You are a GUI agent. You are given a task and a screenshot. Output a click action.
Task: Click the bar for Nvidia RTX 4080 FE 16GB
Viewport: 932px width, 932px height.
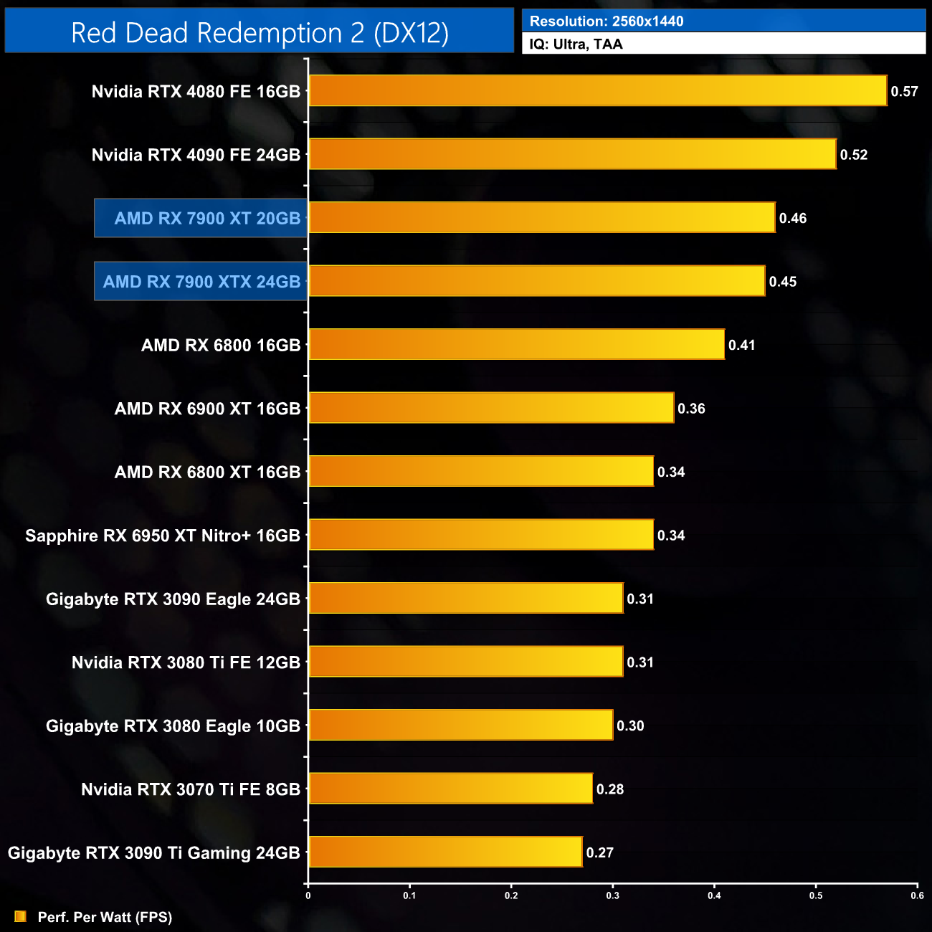[x=597, y=91]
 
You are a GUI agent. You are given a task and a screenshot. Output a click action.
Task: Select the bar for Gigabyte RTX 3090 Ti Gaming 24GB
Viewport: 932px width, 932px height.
[x=445, y=852]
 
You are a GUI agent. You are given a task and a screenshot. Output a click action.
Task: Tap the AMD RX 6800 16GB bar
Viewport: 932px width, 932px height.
[x=516, y=345]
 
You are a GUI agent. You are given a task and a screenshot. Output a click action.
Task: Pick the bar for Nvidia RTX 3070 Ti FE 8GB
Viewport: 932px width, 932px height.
[x=450, y=789]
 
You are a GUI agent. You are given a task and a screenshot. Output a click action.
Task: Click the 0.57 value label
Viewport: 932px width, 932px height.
[x=904, y=92]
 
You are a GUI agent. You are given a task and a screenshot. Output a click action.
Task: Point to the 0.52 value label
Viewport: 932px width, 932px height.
[x=854, y=155]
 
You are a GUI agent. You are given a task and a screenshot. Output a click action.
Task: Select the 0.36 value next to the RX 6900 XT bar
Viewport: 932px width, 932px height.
[x=691, y=409]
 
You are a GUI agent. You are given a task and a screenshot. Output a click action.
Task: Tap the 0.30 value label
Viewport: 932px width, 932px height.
[x=630, y=726]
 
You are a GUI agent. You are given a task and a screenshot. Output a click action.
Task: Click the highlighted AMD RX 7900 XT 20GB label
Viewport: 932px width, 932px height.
[x=207, y=219]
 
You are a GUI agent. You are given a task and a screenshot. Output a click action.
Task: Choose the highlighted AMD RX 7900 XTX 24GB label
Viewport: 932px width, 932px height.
[x=201, y=282]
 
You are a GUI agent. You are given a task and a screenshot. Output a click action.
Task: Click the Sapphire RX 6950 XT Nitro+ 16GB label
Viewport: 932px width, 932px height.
[x=163, y=536]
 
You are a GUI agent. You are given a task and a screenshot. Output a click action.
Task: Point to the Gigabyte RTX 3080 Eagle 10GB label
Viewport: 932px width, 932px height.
[x=173, y=726]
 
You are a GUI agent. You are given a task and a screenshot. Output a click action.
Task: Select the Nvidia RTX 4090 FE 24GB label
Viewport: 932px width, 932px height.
[x=196, y=155]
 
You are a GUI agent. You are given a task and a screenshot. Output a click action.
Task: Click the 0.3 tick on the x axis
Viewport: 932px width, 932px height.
[x=613, y=895]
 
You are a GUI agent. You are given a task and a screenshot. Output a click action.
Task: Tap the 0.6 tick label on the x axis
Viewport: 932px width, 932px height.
[x=917, y=895]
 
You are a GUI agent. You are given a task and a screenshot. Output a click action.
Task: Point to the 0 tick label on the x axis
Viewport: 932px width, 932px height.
[x=308, y=895]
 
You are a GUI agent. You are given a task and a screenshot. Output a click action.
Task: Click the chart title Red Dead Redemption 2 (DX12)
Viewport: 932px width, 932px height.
[x=260, y=33]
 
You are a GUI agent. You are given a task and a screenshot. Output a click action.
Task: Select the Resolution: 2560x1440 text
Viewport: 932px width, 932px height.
[x=607, y=22]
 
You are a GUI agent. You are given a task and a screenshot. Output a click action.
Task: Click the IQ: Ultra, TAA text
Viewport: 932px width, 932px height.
[x=576, y=44]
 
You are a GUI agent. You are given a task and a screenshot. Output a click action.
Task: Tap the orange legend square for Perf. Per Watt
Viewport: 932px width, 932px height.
[x=21, y=916]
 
